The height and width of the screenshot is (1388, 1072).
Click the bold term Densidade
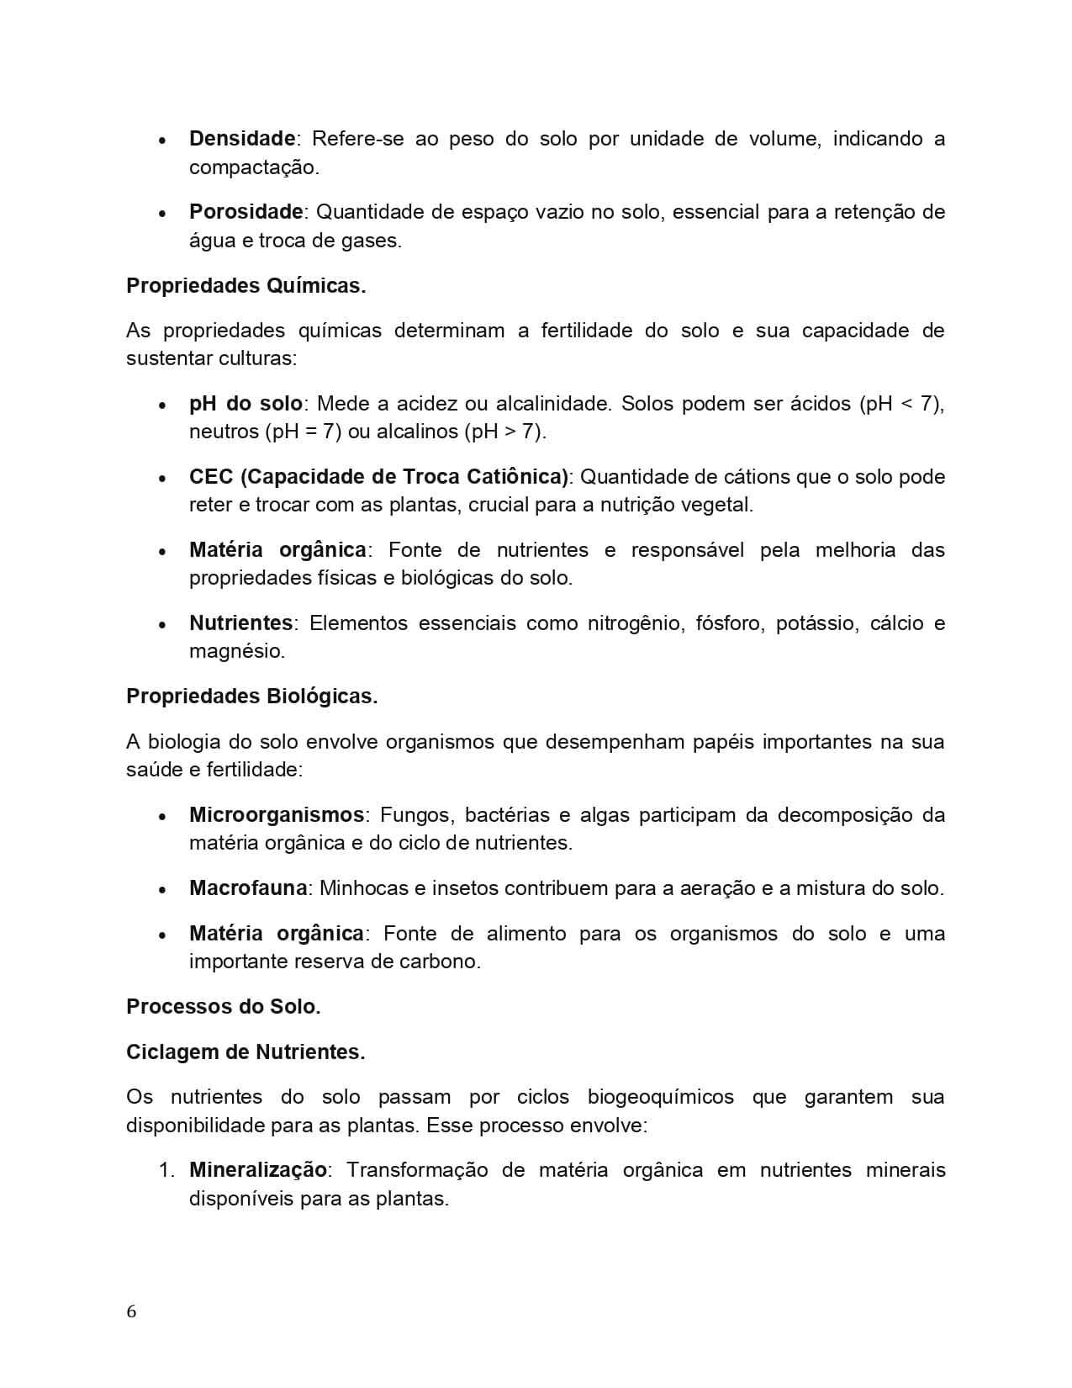[242, 139]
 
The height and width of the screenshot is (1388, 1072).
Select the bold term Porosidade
[246, 212]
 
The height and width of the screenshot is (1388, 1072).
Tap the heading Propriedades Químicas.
[246, 286]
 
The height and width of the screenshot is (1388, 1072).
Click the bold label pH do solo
[246, 404]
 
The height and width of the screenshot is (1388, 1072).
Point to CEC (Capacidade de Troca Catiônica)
[379, 477]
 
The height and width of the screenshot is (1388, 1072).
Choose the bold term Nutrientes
[240, 623]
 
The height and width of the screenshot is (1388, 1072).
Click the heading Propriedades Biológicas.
[251, 697]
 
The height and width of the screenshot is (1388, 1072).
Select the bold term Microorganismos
[276, 815]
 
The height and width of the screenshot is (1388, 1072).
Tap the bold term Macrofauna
[249, 888]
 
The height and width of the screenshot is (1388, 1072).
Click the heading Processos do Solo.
[223, 1007]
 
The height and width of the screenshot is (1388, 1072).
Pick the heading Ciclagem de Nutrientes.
[246, 1052]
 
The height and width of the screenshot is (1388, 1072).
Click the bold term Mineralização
[257, 1170]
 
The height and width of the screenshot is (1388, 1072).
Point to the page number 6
[131, 1312]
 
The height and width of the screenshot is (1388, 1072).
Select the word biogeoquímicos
[660, 1097]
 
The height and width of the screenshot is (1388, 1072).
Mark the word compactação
[253, 167]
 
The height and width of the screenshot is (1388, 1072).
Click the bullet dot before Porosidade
[162, 214]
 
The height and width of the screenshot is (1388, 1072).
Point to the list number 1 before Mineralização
[166, 1171]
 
